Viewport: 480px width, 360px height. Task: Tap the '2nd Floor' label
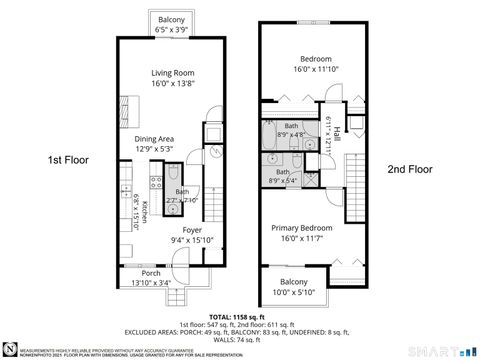click(410, 170)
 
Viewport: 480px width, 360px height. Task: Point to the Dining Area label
click(155, 138)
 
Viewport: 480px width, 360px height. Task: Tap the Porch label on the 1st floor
click(151, 273)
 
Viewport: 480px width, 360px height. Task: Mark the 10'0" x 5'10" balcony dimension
click(293, 291)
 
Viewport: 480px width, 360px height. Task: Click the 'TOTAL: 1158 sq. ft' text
click(239, 316)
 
